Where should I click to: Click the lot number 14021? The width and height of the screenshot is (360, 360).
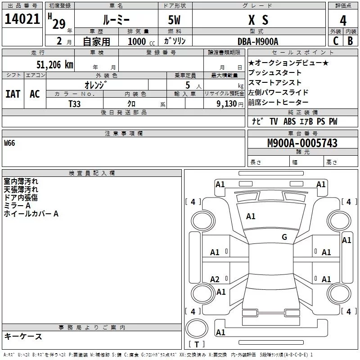22,19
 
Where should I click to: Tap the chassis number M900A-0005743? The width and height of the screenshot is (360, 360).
302,143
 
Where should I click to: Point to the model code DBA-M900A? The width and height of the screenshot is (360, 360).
258,41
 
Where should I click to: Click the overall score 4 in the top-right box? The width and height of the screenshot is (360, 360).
343,20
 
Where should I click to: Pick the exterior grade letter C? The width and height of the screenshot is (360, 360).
335,41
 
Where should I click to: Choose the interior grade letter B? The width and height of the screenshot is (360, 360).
351,41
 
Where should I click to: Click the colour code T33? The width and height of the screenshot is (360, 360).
75,103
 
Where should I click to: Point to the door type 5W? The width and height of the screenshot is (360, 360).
175,20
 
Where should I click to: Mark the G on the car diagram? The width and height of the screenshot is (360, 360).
284,237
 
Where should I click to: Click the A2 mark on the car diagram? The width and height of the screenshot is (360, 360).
215,279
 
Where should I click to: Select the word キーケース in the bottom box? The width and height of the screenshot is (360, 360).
23,336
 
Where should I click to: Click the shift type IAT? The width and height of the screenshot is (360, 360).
13,94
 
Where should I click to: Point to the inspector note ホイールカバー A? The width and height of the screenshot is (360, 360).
31,214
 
